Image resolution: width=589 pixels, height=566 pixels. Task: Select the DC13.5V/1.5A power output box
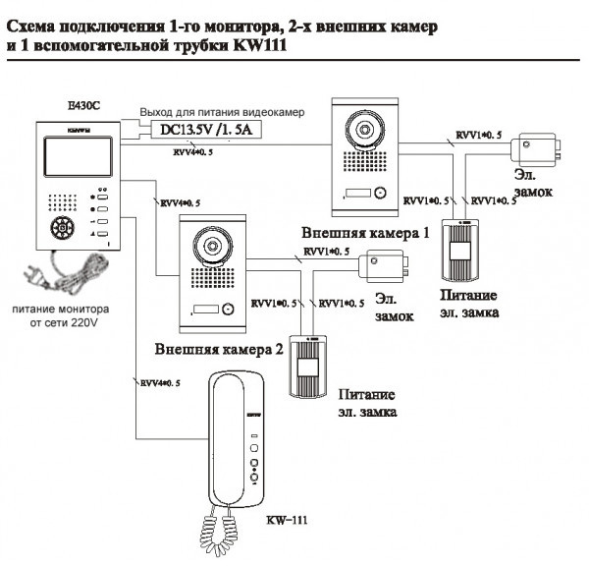point(199,131)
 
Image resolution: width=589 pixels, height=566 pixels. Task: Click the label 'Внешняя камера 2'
point(219,350)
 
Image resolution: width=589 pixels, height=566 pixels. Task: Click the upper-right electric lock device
point(535,149)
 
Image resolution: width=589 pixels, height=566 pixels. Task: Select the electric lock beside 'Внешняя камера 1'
point(385,266)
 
